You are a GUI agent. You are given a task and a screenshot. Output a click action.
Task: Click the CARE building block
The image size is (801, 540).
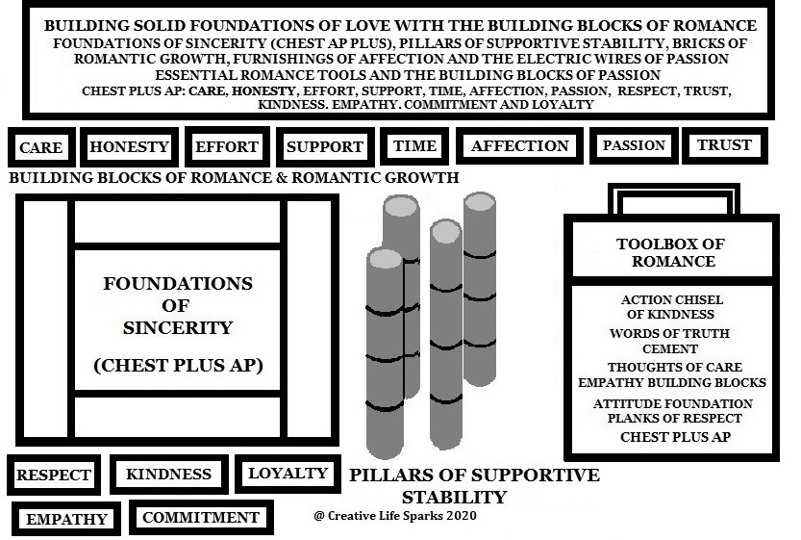coord(41,147)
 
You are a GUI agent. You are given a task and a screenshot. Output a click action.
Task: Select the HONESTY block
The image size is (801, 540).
coord(129,146)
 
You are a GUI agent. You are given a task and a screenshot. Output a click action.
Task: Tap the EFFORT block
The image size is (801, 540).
coord(227,146)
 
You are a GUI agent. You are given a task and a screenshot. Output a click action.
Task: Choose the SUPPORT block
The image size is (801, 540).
coord(325,146)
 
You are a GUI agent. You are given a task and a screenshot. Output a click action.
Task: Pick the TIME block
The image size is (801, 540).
coord(414,145)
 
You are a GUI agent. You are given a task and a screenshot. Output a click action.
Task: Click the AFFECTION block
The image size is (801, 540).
coord(519,145)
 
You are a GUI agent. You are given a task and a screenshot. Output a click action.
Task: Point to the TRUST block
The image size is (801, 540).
coord(725,145)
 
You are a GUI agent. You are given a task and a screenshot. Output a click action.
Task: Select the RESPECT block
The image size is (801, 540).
coord(54,475)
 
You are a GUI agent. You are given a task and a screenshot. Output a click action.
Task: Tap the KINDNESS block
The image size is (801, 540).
coord(168,474)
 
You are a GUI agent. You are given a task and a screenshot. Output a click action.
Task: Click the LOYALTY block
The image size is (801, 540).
coord(288,473)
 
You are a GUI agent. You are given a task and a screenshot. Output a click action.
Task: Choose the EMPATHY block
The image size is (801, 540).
coord(66,519)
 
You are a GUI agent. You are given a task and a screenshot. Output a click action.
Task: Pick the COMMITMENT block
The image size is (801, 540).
coord(201,518)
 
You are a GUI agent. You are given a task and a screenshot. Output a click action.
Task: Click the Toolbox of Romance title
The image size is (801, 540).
coord(671,252)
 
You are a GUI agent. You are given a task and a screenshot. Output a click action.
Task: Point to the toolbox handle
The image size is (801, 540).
coord(673,188)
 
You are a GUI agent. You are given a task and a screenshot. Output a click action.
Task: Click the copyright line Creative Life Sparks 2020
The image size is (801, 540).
coord(395,516)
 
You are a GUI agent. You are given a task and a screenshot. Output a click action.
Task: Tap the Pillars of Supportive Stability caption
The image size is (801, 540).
coord(475,485)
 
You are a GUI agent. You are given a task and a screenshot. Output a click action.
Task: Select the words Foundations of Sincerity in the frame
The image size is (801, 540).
coord(178,305)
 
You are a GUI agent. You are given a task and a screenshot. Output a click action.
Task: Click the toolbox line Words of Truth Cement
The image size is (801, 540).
coord(669,341)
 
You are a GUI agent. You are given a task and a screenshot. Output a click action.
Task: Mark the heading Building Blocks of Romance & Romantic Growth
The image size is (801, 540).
coord(234,177)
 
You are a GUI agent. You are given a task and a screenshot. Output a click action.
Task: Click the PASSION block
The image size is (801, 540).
coord(634,145)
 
